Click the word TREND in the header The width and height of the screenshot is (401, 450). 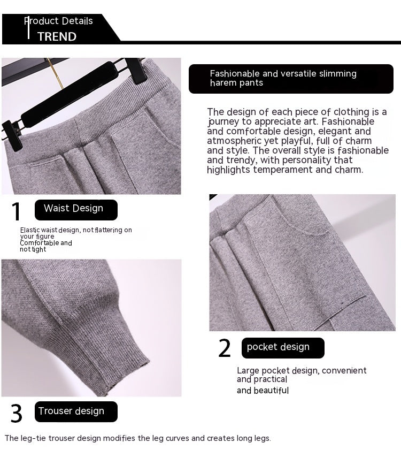(x=57, y=36)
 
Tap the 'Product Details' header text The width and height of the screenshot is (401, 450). (x=59, y=21)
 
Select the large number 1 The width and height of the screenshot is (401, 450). (x=17, y=212)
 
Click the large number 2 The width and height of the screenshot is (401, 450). (x=225, y=349)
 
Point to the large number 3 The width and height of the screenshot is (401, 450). (x=17, y=414)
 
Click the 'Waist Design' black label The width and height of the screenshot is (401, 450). (x=75, y=209)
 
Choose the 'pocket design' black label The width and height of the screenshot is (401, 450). (x=283, y=347)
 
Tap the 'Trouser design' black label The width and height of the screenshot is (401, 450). (x=75, y=411)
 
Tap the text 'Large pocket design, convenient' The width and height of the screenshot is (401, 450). (x=302, y=370)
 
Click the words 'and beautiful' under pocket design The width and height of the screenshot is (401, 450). (x=263, y=391)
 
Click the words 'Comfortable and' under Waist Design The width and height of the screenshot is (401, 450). (x=46, y=243)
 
